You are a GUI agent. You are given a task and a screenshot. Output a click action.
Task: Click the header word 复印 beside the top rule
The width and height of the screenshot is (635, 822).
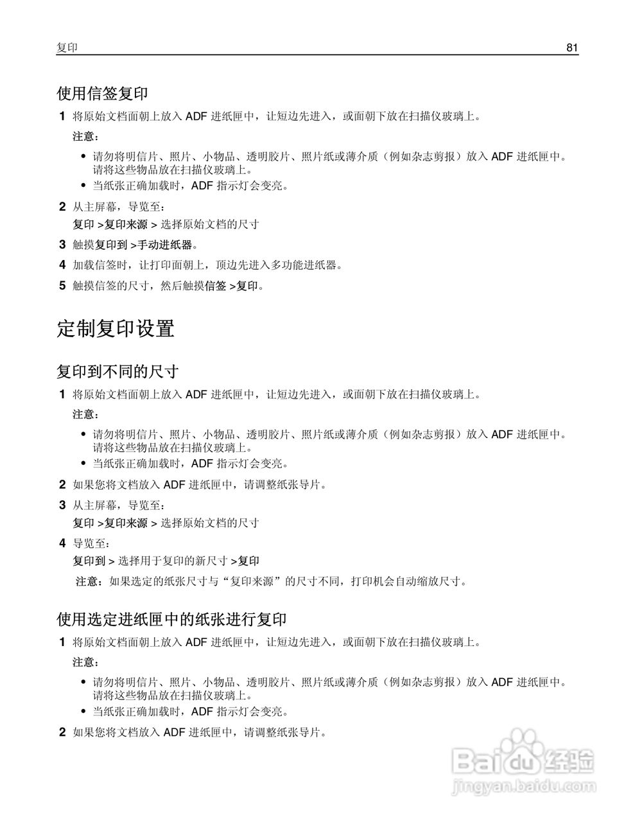(x=67, y=48)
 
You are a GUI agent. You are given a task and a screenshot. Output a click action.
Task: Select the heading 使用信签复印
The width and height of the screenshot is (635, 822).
(x=103, y=94)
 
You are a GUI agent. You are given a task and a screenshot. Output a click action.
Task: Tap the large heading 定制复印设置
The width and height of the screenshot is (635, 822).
(x=116, y=329)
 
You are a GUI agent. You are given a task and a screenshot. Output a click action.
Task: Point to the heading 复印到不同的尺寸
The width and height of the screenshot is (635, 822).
(x=117, y=372)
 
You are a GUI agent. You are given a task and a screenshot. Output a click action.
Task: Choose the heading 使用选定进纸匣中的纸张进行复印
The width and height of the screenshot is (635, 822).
(x=171, y=620)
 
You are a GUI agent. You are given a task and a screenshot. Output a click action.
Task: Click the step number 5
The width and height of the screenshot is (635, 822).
(x=62, y=286)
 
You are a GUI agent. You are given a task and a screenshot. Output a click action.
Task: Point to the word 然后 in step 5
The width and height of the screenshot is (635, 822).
(x=172, y=286)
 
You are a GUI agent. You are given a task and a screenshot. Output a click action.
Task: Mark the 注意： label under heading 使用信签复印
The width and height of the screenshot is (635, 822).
(x=86, y=137)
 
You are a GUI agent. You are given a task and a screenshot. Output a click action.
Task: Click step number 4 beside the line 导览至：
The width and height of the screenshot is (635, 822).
(x=62, y=543)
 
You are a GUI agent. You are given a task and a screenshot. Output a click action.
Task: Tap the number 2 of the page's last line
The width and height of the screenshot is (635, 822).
(x=62, y=732)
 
